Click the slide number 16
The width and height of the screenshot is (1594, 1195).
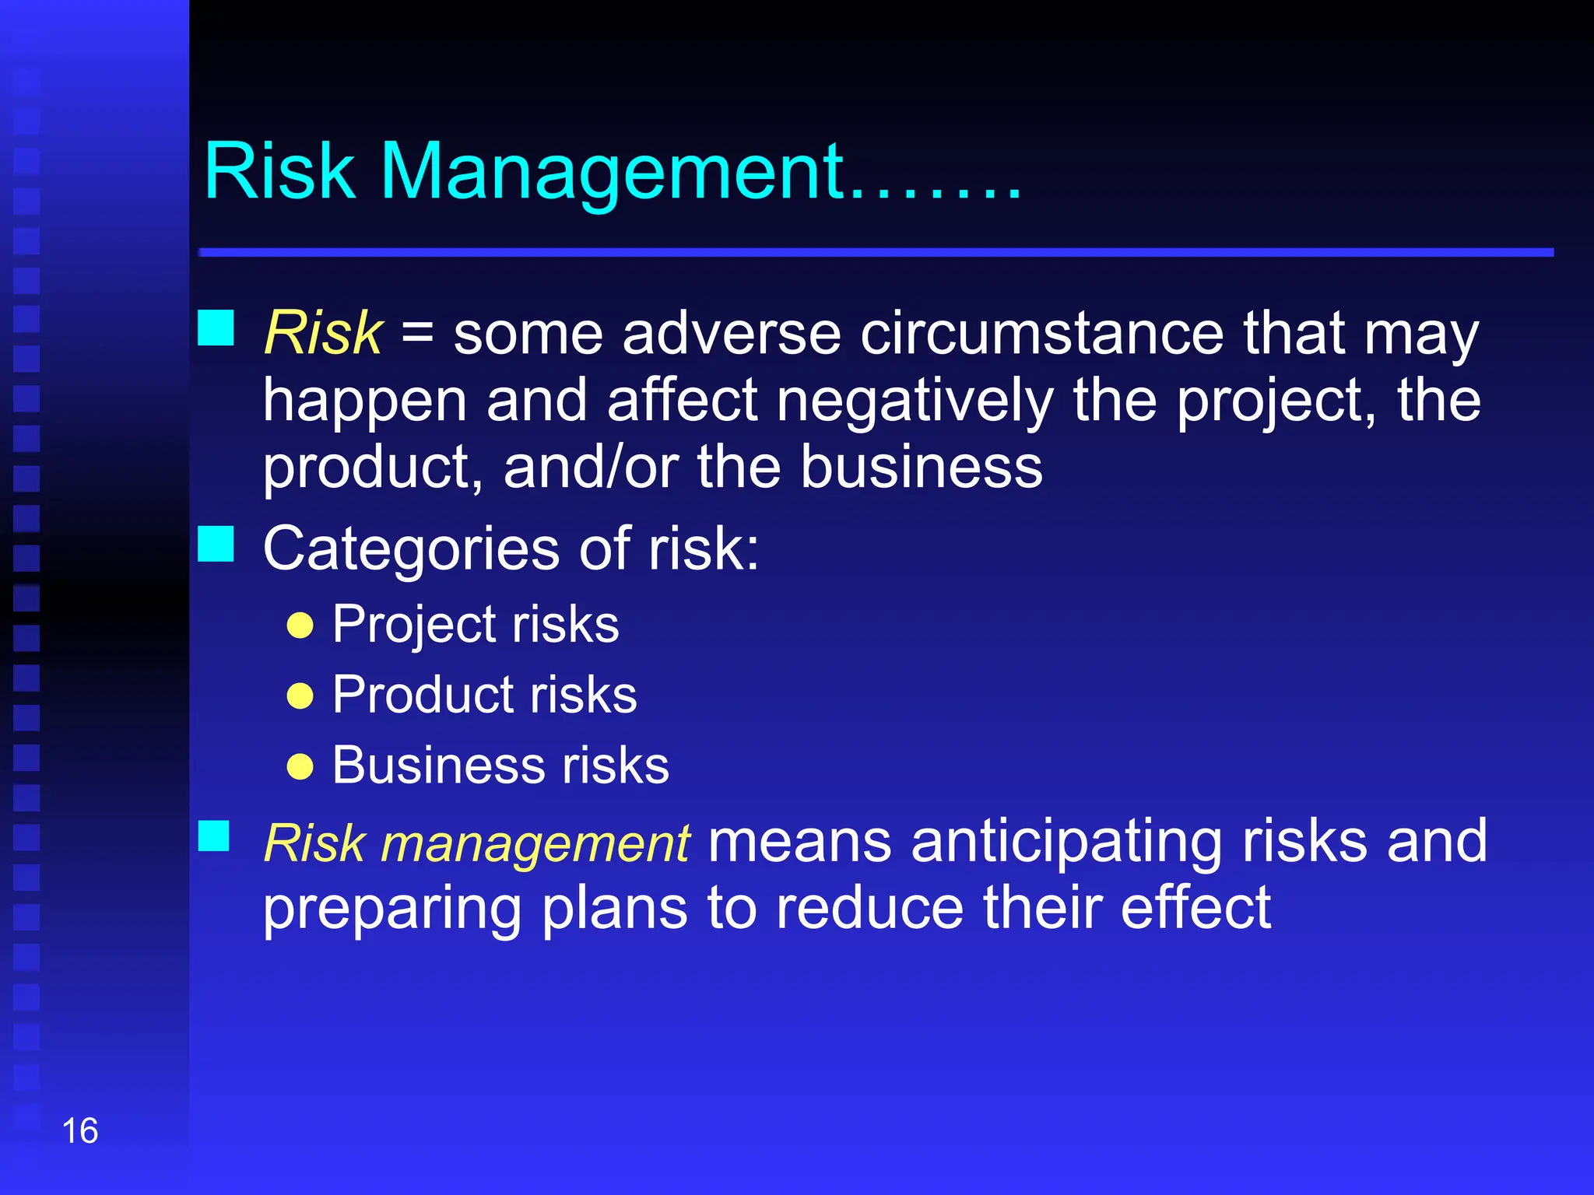(x=79, y=1131)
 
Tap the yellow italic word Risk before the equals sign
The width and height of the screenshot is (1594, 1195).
(x=323, y=333)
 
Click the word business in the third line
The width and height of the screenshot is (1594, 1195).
(x=922, y=468)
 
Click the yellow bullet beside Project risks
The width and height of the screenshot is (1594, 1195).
(x=300, y=626)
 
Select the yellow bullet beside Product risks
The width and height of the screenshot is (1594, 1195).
(x=300, y=696)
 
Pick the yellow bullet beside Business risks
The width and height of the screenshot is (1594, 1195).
(x=300, y=766)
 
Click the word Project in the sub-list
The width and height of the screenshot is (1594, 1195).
(x=415, y=626)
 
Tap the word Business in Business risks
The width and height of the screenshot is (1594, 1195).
(x=437, y=766)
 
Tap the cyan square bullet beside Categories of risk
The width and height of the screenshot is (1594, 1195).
(x=216, y=544)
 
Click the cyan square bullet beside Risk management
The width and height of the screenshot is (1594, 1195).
(x=214, y=836)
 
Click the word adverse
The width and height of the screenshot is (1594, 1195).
(x=732, y=335)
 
